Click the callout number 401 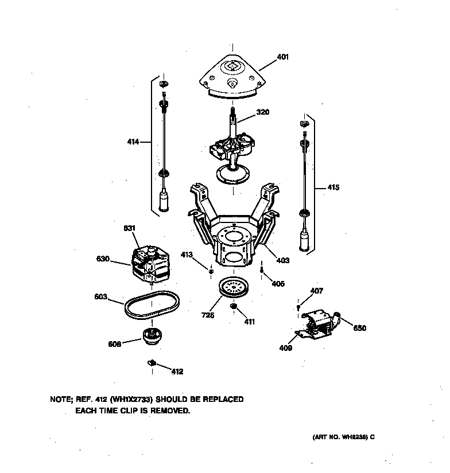click(x=282, y=57)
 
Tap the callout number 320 click(x=262, y=112)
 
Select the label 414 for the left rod click(x=133, y=142)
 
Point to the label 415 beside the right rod click(x=333, y=187)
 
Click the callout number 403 click(x=283, y=260)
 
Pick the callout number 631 click(x=130, y=228)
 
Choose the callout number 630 click(x=103, y=259)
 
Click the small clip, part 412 click(x=152, y=362)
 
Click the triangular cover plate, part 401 click(x=232, y=77)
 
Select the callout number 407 click(x=316, y=291)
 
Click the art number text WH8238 click(x=354, y=437)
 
